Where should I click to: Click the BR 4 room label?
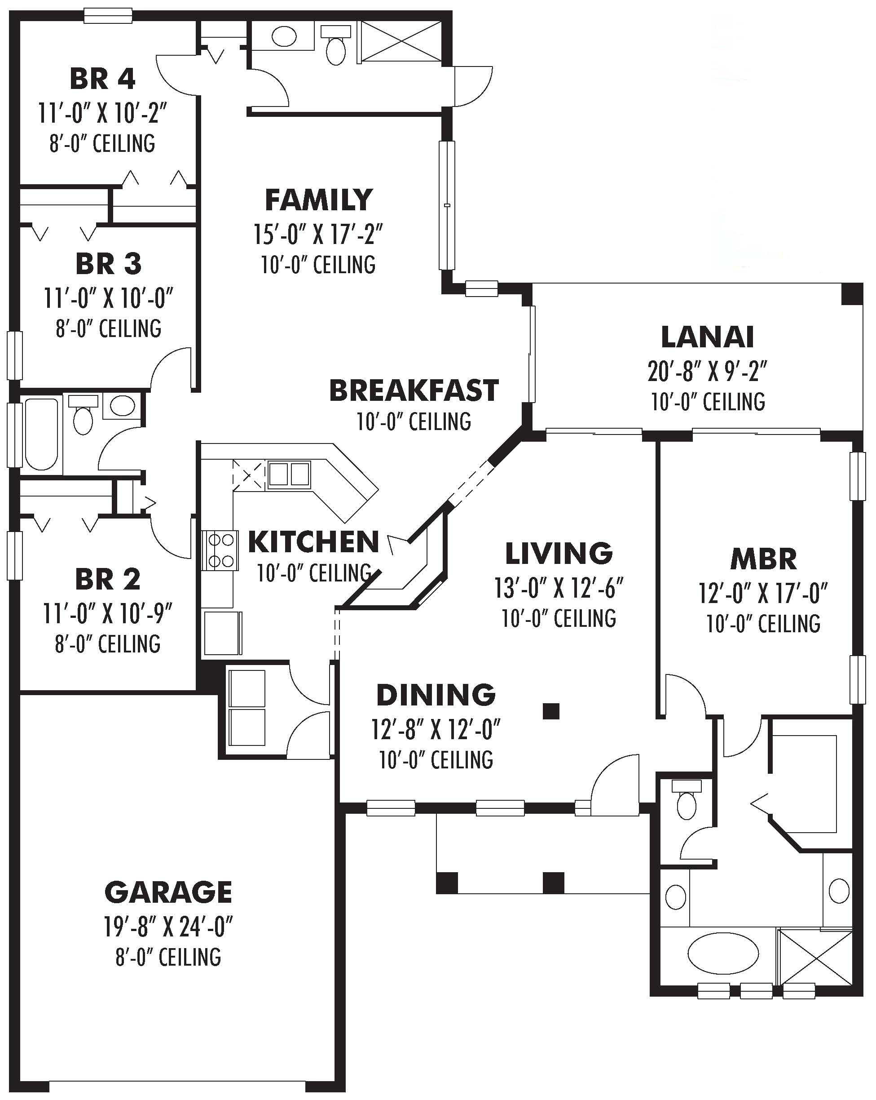click(x=102, y=79)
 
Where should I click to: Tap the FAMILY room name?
click(x=319, y=200)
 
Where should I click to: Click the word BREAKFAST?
click(x=414, y=391)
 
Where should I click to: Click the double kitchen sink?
click(x=289, y=474)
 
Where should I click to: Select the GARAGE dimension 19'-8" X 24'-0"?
click(x=168, y=927)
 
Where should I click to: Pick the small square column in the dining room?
click(x=550, y=711)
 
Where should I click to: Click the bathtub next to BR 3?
click(x=41, y=434)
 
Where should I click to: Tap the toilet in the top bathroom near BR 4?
click(x=335, y=47)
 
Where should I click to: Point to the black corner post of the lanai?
click(x=851, y=294)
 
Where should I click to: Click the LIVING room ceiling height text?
click(x=559, y=618)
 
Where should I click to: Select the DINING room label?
click(x=436, y=695)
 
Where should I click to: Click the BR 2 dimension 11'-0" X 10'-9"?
click(x=108, y=613)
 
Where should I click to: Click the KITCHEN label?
click(x=313, y=542)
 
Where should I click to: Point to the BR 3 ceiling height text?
click(x=109, y=328)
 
